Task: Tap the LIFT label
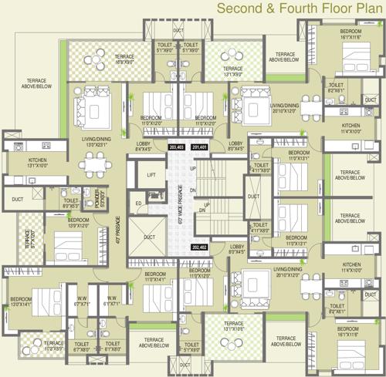coord(152,176)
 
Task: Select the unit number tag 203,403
coord(175,146)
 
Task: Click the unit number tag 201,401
coord(200,146)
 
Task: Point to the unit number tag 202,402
coord(199,247)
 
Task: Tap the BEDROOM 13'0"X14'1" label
coord(20,302)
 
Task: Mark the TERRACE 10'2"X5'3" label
coord(53,345)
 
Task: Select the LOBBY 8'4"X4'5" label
coord(144,147)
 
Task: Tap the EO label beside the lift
coord(139,204)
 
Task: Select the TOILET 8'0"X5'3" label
coord(72,204)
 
